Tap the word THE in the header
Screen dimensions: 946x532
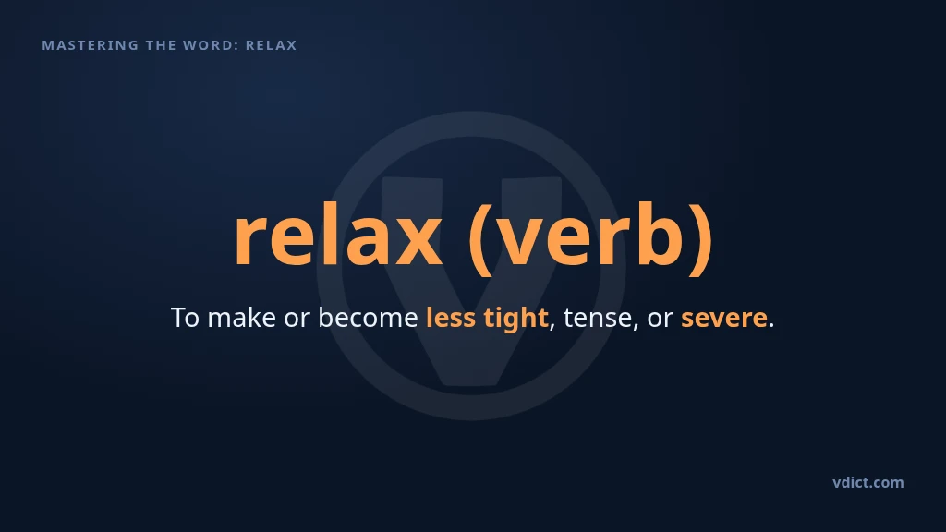161,45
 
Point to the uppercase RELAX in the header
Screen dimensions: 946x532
271,45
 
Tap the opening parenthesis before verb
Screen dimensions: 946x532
480,239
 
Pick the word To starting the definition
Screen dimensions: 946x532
185,318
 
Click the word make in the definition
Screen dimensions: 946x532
241,318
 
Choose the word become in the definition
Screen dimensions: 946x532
368,318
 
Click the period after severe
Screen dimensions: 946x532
771,326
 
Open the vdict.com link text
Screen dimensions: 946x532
868,482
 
